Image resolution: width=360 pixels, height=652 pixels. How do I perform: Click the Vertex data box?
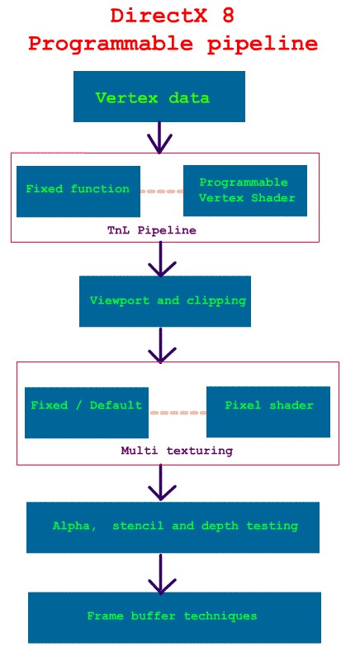(x=159, y=97)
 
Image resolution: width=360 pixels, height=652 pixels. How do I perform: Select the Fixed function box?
(x=78, y=191)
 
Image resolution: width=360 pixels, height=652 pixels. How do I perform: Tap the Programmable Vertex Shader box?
(x=245, y=191)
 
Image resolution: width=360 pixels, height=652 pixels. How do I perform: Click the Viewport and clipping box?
(x=165, y=301)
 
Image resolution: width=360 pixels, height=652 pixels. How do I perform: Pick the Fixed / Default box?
(x=87, y=413)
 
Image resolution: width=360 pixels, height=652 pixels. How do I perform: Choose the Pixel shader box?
(x=268, y=412)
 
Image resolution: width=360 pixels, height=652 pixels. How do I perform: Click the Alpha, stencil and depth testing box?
(x=173, y=527)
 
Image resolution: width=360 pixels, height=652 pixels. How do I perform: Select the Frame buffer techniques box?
(x=175, y=617)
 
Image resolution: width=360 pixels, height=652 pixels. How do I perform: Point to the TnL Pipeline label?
(x=152, y=230)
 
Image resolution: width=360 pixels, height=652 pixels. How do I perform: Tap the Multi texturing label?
(x=177, y=451)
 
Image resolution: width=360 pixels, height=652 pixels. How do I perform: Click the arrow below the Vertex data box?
(x=159, y=138)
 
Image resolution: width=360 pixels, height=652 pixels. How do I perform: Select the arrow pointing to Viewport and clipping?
(x=162, y=259)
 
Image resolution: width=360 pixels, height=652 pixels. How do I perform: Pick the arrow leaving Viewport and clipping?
(x=162, y=345)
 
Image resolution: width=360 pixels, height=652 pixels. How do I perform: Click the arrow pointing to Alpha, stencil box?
(x=162, y=482)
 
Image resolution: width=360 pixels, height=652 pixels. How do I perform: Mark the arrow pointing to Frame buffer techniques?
(x=162, y=574)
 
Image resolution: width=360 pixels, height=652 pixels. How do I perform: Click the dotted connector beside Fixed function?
(x=162, y=191)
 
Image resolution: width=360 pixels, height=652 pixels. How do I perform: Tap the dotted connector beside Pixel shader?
(x=178, y=413)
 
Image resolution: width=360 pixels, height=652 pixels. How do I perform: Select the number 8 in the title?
(x=228, y=16)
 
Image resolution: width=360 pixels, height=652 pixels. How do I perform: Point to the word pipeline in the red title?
(x=263, y=44)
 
